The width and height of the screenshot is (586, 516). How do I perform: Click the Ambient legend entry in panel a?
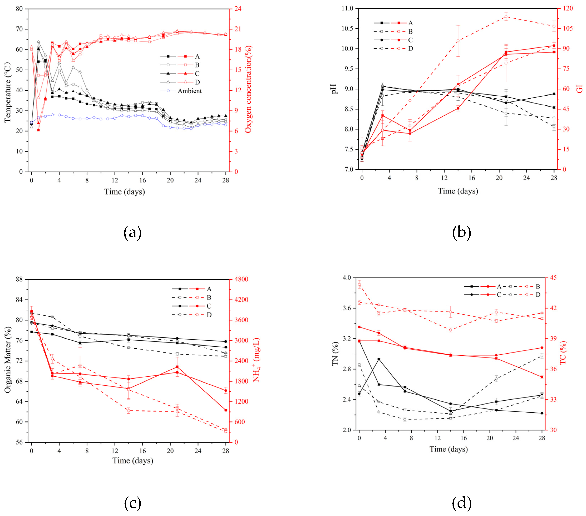pyautogui.click(x=190, y=91)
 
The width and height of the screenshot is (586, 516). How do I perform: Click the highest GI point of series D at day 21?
pyautogui.click(x=506, y=17)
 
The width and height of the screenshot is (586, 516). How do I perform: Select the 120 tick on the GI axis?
pyautogui.click(x=568, y=9)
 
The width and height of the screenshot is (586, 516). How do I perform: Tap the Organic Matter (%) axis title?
pyautogui.click(x=8, y=360)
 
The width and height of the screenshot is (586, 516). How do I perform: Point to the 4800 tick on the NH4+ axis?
pyautogui.click(x=241, y=279)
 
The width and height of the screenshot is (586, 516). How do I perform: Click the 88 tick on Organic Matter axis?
pyautogui.click(x=19, y=279)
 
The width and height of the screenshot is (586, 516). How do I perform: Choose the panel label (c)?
pyautogui.click(x=132, y=503)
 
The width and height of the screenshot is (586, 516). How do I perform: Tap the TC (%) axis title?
pyautogui.click(x=563, y=353)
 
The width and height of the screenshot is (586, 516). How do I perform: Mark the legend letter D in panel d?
pyautogui.click(x=538, y=295)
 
